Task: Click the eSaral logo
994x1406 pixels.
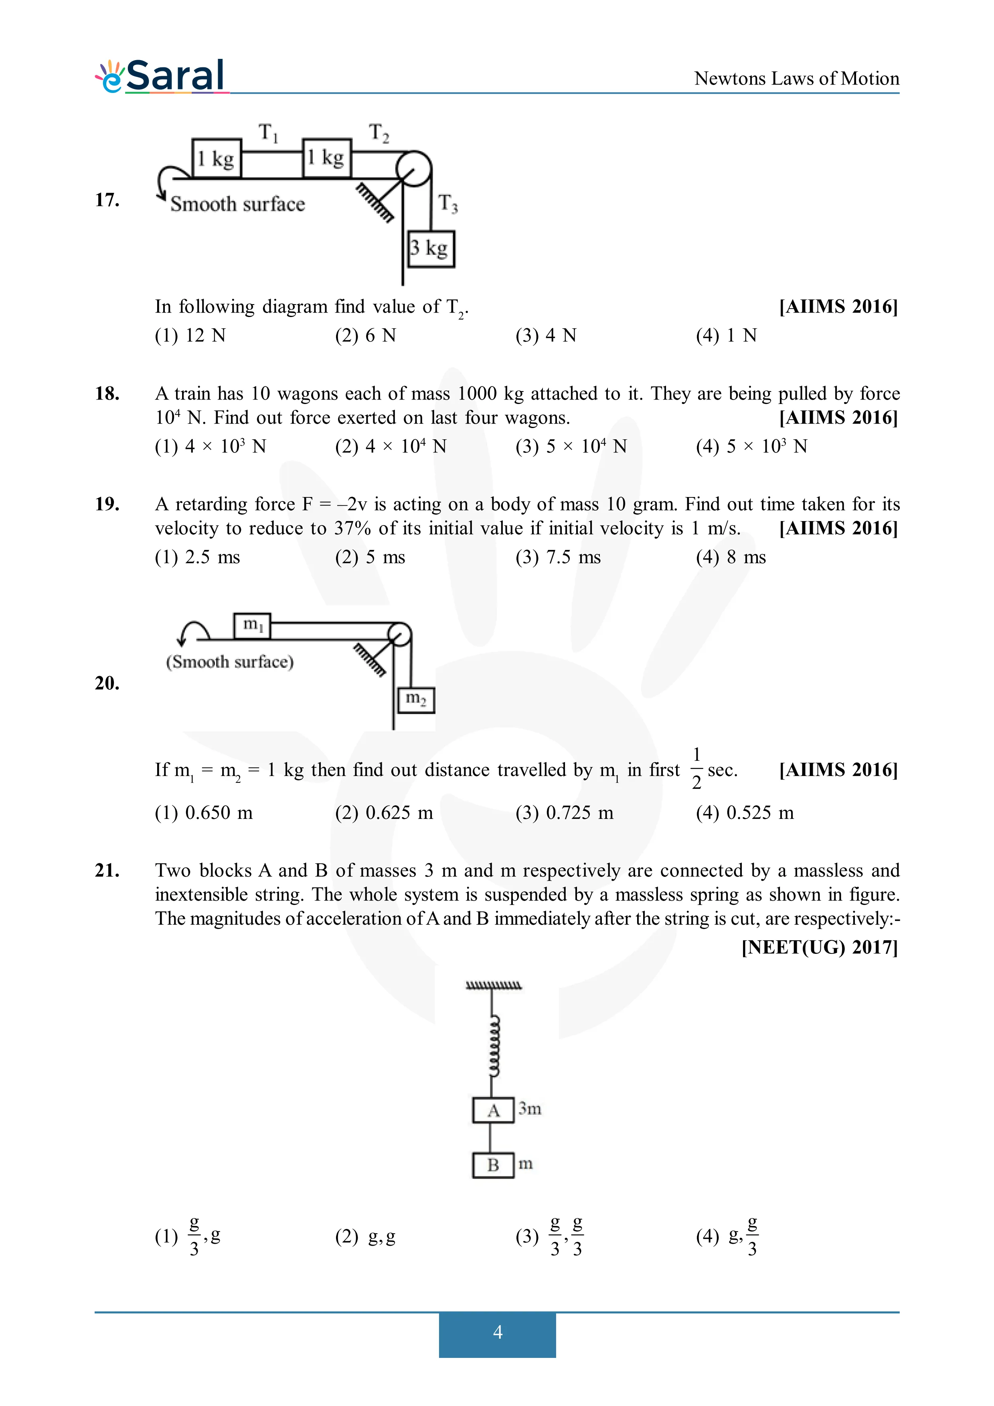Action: pos(160,76)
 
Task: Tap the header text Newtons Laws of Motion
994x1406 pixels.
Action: pos(796,79)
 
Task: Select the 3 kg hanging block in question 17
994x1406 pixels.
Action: pos(431,248)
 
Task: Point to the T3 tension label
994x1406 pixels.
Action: pos(448,203)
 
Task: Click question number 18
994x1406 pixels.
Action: pos(107,393)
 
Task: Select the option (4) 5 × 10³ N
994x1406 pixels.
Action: pos(751,446)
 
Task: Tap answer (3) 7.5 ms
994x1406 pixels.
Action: pos(557,557)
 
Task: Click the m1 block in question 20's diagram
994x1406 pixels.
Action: pos(252,625)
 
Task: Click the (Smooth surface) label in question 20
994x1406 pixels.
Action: pos(230,662)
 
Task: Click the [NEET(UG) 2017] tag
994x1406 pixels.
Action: pos(820,947)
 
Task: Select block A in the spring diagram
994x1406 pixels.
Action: pos(493,1110)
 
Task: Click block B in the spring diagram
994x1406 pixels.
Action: pos(493,1165)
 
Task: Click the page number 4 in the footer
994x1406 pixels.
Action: pos(497,1332)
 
